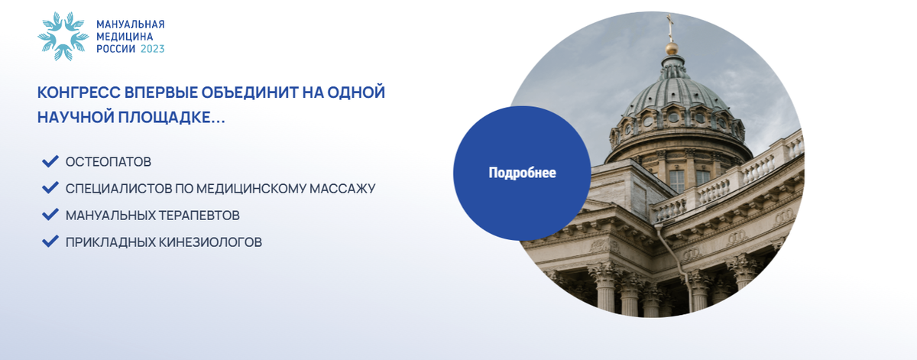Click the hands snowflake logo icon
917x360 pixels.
pos(63,37)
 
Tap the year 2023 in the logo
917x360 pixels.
pos(152,49)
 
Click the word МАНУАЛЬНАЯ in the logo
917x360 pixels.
pos(131,24)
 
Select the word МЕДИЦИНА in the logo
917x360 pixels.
pos(125,37)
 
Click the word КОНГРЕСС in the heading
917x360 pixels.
pos(79,92)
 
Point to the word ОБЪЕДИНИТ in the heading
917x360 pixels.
pos(250,92)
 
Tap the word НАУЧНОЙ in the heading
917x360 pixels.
pos(76,118)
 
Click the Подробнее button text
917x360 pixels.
pos(523,173)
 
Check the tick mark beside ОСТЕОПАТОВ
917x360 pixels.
pos(50,161)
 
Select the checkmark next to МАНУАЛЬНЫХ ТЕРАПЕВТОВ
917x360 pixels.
pos(50,215)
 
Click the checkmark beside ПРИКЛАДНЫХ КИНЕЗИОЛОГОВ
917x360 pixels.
pos(50,242)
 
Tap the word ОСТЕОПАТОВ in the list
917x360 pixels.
pos(109,162)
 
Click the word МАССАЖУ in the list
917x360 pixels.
pos(342,188)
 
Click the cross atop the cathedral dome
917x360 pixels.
pos(670,27)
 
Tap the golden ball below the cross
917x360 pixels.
pos(672,48)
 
